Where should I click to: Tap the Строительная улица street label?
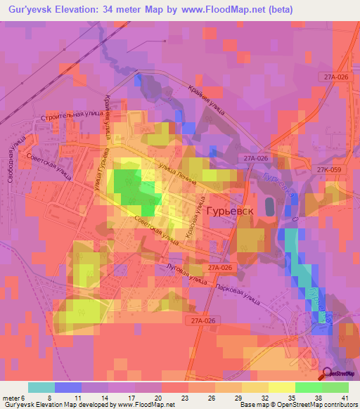coord(73,115)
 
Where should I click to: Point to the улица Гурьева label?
coord(98,167)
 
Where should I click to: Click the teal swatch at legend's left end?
coord(41,387)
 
